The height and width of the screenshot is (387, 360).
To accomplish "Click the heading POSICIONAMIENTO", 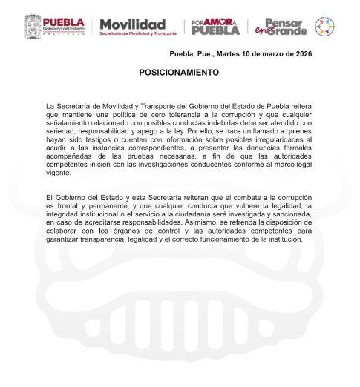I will pos(180,73).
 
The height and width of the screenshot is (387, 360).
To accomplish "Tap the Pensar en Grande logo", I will pos(281,27).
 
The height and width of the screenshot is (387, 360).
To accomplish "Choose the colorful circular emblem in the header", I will pos(324,27).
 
